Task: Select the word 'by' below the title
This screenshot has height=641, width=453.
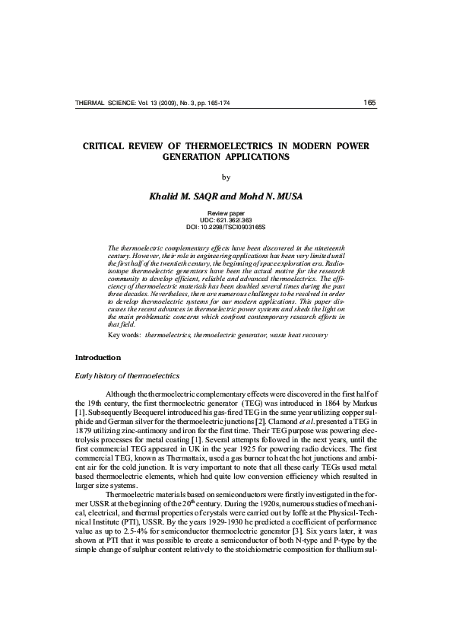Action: coord(225,178)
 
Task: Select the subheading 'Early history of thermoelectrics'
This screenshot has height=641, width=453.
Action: coord(126,376)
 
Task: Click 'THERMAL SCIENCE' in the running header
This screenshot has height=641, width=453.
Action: coord(103,103)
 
